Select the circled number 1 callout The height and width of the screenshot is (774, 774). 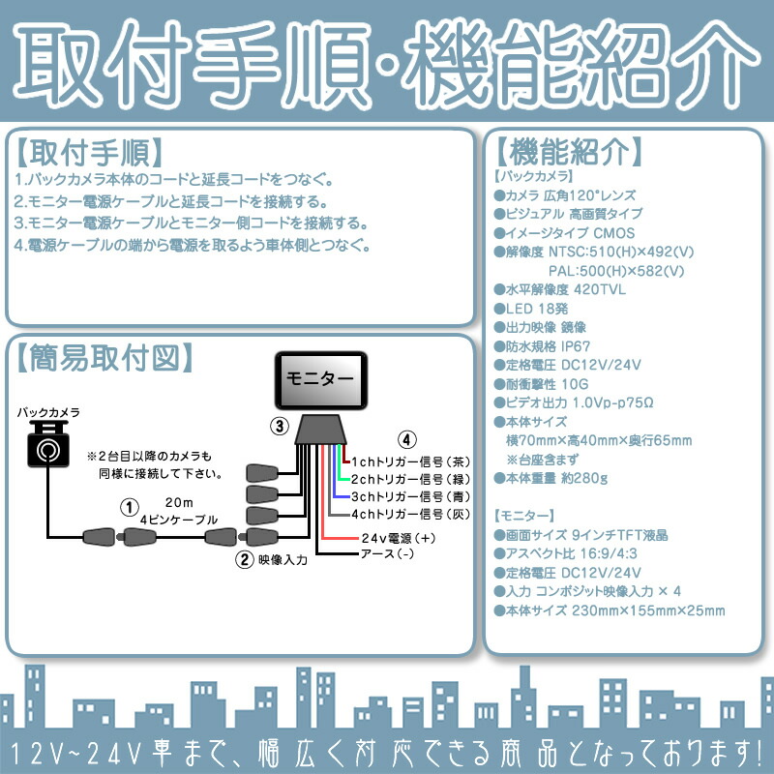(127, 506)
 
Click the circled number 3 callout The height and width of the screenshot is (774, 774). (278, 426)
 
